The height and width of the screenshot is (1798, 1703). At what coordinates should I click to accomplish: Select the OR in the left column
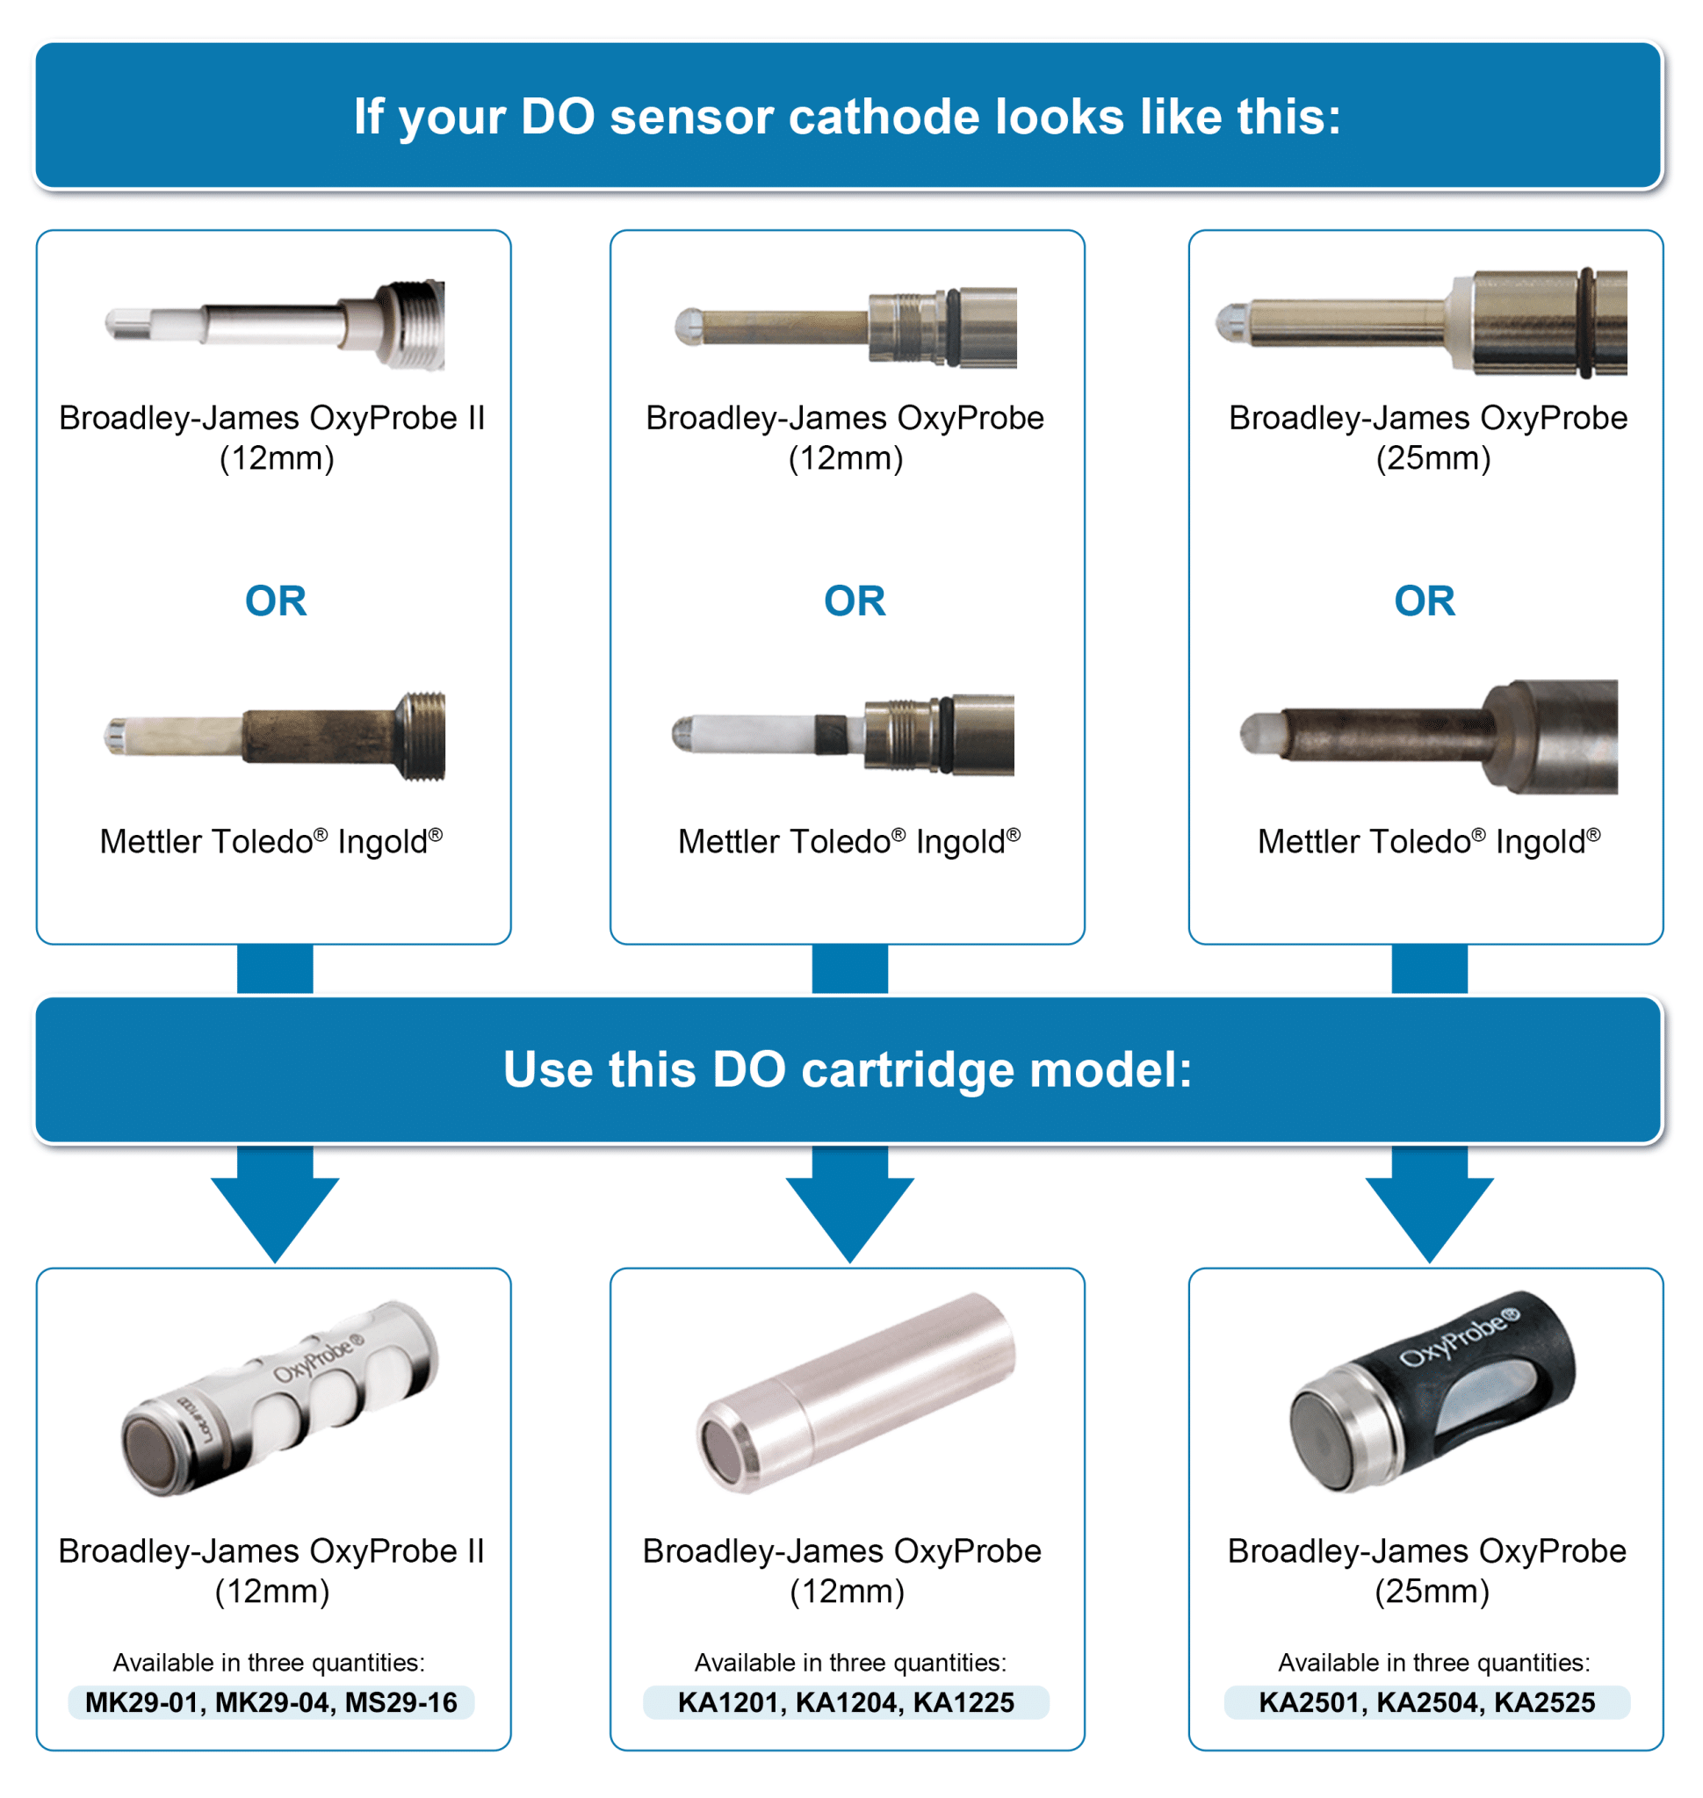276,601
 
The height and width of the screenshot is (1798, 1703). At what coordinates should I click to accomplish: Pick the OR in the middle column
855,601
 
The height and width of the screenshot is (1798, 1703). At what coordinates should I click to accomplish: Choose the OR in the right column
1425,601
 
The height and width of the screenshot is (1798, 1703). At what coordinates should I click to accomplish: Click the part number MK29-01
141,1702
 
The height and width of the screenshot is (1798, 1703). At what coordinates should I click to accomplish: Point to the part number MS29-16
400,1702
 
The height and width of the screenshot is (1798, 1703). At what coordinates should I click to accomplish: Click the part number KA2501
1308,1702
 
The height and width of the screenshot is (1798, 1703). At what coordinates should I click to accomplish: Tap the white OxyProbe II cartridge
279,1398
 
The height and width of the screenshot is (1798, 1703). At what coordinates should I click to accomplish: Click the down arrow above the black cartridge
1429,1207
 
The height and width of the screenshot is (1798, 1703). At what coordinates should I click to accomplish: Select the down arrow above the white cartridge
275,1207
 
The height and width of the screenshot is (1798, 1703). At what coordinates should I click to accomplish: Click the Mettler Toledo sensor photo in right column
1429,736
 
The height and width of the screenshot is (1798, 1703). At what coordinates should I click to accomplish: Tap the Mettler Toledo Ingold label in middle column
848,841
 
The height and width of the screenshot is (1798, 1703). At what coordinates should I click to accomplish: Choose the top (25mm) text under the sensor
1432,458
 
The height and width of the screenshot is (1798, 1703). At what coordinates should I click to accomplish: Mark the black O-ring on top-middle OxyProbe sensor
952,327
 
